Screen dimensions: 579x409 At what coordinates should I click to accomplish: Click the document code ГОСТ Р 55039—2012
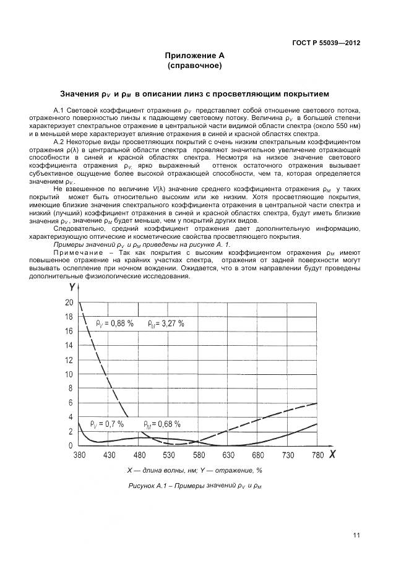[x=327, y=43]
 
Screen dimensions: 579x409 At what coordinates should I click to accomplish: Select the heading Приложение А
[x=194, y=56]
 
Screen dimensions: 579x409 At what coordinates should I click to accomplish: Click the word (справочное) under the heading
[x=194, y=66]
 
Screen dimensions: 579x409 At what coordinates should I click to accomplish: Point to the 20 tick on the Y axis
[x=69, y=302]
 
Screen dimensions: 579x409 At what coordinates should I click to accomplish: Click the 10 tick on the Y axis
[x=69, y=374]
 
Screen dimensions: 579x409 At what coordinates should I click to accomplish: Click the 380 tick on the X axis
[x=79, y=455]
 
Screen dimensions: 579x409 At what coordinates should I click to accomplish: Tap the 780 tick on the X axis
[x=317, y=455]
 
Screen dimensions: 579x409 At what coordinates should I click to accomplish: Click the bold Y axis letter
[x=72, y=287]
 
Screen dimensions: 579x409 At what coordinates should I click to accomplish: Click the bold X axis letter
[x=332, y=455]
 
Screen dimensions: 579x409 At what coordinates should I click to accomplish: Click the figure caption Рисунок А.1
[x=194, y=486]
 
